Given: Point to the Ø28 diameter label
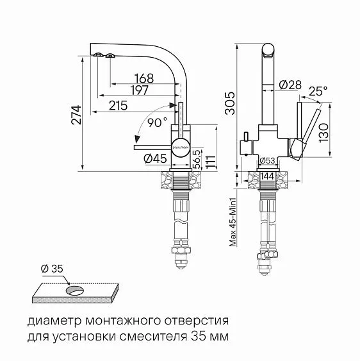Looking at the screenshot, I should click(291, 84).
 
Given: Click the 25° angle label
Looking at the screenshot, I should click(318, 92).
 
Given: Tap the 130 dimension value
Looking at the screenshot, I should click(324, 133).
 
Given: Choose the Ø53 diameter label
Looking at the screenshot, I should click(266, 160).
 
